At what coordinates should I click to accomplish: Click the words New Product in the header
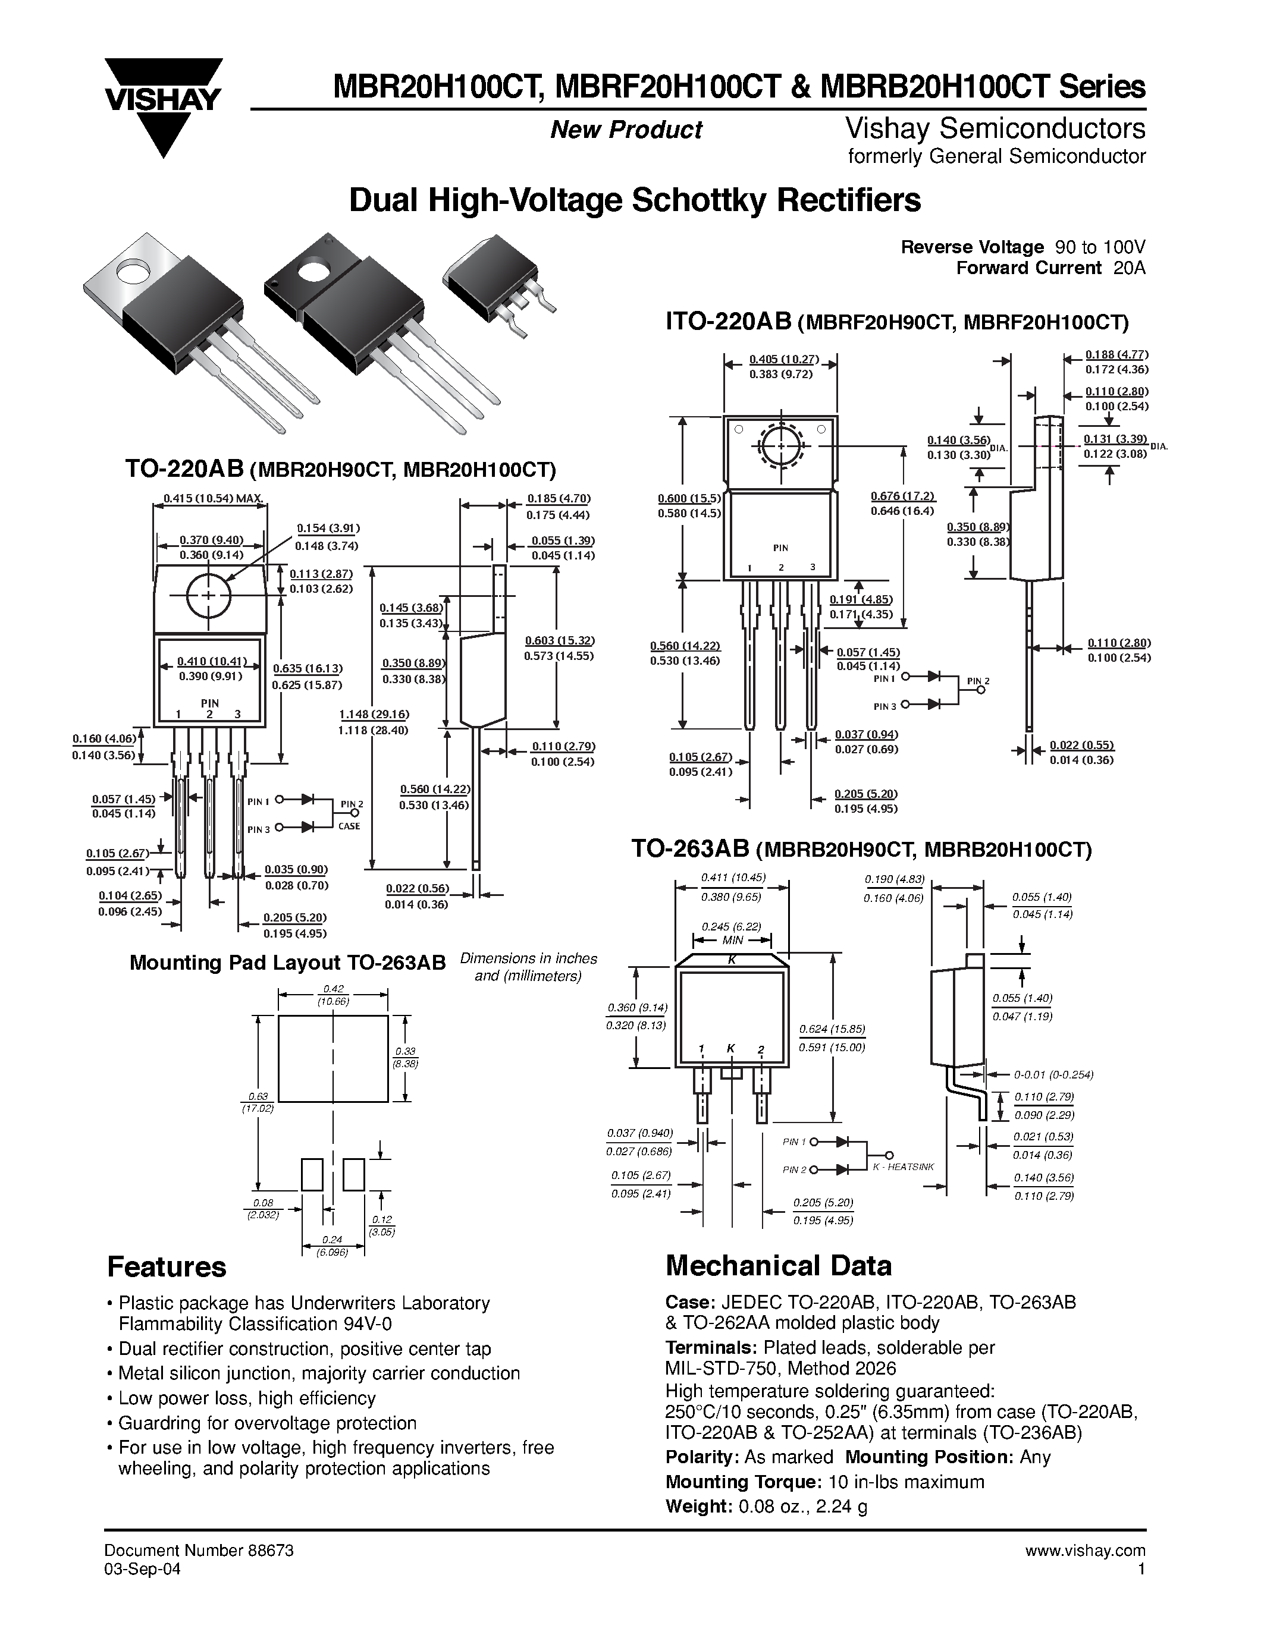tap(626, 130)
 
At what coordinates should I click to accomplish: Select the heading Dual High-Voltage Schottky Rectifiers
tap(635, 200)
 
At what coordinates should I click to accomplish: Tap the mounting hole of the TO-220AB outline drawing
tap(208, 595)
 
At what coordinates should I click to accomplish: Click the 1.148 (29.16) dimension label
tap(374, 714)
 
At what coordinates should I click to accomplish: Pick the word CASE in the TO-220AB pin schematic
tap(349, 826)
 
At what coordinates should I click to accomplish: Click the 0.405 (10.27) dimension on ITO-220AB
tap(783, 359)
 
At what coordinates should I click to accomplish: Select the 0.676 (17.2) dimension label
tap(903, 496)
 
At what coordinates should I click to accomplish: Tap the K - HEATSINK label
tap(903, 1166)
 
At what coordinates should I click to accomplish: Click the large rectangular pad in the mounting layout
tap(333, 1058)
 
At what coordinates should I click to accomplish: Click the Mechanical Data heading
tap(778, 1266)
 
